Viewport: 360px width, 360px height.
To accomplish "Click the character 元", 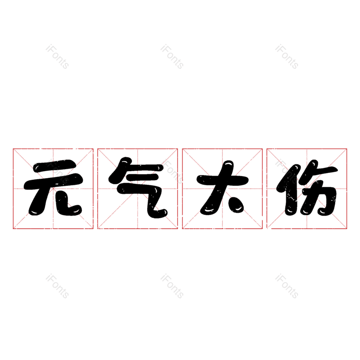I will tap(53, 189).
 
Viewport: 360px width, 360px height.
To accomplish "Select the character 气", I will tap(138, 189).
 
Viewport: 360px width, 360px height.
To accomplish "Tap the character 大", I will tap(222, 189).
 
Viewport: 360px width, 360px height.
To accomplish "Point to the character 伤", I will tap(307, 189).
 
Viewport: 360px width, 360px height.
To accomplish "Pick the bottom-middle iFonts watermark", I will tap(172, 286).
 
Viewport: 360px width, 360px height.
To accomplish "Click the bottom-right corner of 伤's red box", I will tap(347, 229).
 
